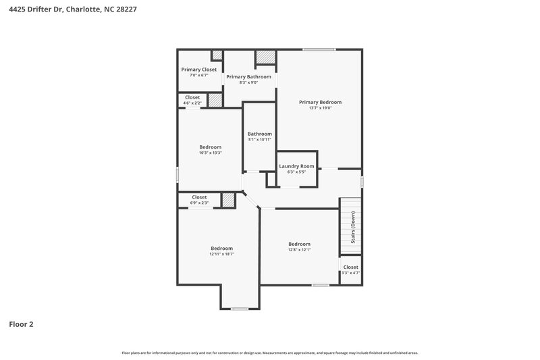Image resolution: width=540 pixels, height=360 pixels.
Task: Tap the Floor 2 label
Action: click(21, 324)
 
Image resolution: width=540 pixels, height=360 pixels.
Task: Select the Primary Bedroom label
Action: click(320, 102)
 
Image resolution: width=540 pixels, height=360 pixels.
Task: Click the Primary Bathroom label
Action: click(248, 77)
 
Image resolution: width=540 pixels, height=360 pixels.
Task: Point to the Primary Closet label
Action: click(198, 70)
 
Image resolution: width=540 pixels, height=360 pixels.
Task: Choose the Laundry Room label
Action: click(296, 166)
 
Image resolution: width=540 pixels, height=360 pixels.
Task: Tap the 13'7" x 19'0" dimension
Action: click(320, 108)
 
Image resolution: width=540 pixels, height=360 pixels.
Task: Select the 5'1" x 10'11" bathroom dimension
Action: click(259, 140)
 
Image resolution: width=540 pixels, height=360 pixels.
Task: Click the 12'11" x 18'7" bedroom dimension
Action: click(221, 255)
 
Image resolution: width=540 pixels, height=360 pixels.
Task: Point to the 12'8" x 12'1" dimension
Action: click(299, 250)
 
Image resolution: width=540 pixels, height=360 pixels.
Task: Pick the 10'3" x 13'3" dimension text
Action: click(210, 153)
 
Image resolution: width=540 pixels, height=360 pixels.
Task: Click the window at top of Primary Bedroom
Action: click(319, 49)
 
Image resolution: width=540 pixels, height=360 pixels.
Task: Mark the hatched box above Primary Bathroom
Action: click(265, 57)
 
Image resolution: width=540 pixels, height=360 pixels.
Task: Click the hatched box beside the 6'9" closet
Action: click(229, 200)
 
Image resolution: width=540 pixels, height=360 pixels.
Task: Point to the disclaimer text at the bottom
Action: click(269, 353)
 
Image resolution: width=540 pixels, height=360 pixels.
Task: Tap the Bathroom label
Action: click(259, 134)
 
